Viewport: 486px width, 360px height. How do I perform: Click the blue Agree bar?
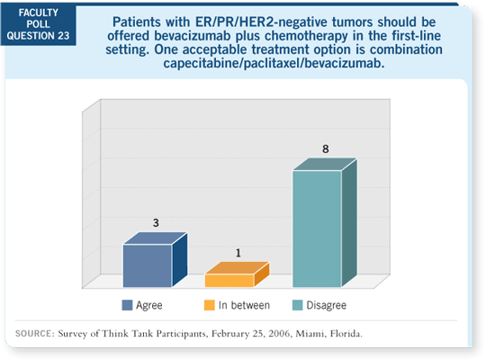[x=155, y=260]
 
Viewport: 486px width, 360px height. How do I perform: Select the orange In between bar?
[x=237, y=274]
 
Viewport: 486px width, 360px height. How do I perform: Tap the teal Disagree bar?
[x=325, y=222]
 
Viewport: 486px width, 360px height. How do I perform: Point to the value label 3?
[x=156, y=223]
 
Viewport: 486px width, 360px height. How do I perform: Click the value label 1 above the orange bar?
[x=238, y=253]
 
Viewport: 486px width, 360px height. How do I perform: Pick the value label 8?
[x=326, y=149]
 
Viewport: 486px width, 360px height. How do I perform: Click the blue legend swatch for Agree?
[x=127, y=305]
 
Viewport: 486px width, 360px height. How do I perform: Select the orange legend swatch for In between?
[x=209, y=305]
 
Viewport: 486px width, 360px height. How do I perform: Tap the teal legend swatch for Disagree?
[x=298, y=305]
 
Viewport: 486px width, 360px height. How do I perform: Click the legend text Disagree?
[x=327, y=305]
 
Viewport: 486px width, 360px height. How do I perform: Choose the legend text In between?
[x=244, y=305]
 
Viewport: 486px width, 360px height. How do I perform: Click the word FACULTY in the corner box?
[x=39, y=13]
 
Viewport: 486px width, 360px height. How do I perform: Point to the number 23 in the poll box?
[x=63, y=36]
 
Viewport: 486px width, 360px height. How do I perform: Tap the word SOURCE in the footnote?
[x=33, y=334]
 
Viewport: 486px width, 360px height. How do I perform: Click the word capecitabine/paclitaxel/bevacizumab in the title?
[x=274, y=63]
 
